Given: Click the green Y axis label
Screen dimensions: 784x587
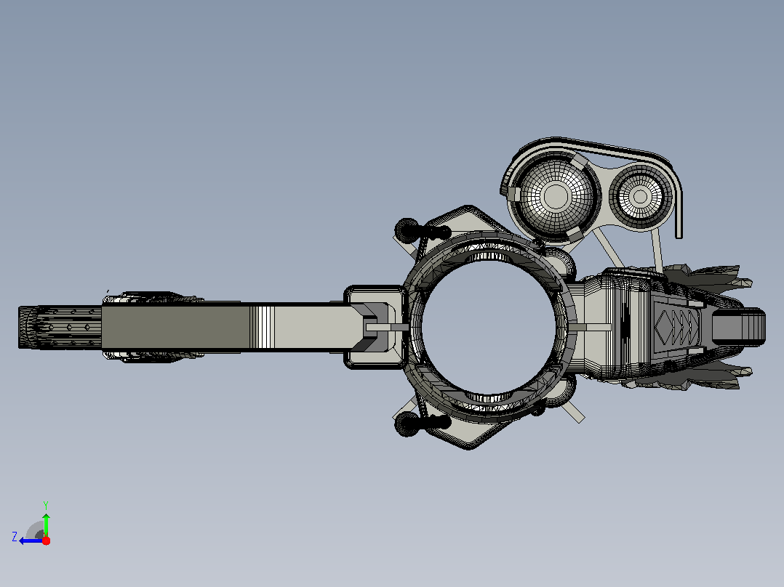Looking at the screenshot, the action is coord(46,505).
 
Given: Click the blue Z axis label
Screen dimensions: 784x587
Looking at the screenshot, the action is coord(15,537).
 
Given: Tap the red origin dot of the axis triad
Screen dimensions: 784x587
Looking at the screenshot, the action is coord(46,541).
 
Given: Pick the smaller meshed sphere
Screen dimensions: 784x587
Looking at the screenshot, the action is coord(640,196).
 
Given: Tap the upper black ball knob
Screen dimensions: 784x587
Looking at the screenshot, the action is coord(407,230).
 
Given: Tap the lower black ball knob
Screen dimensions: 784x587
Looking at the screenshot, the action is coord(407,425).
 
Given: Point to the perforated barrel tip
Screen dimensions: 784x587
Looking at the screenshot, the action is coord(60,327).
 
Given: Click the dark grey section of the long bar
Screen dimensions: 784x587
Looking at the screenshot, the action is coord(175,327).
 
